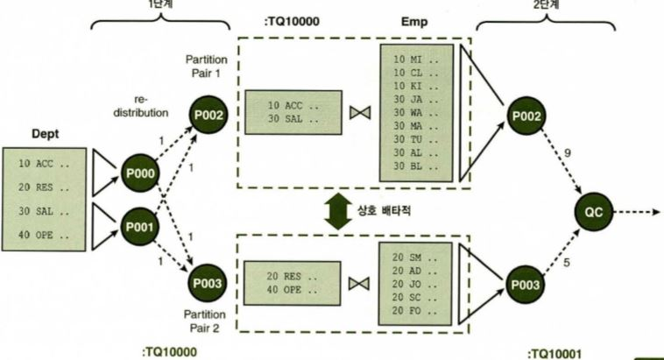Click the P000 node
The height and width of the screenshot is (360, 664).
[x=140, y=175]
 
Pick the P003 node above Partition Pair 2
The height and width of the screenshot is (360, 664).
[x=209, y=282]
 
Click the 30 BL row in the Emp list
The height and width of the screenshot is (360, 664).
[x=412, y=164]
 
